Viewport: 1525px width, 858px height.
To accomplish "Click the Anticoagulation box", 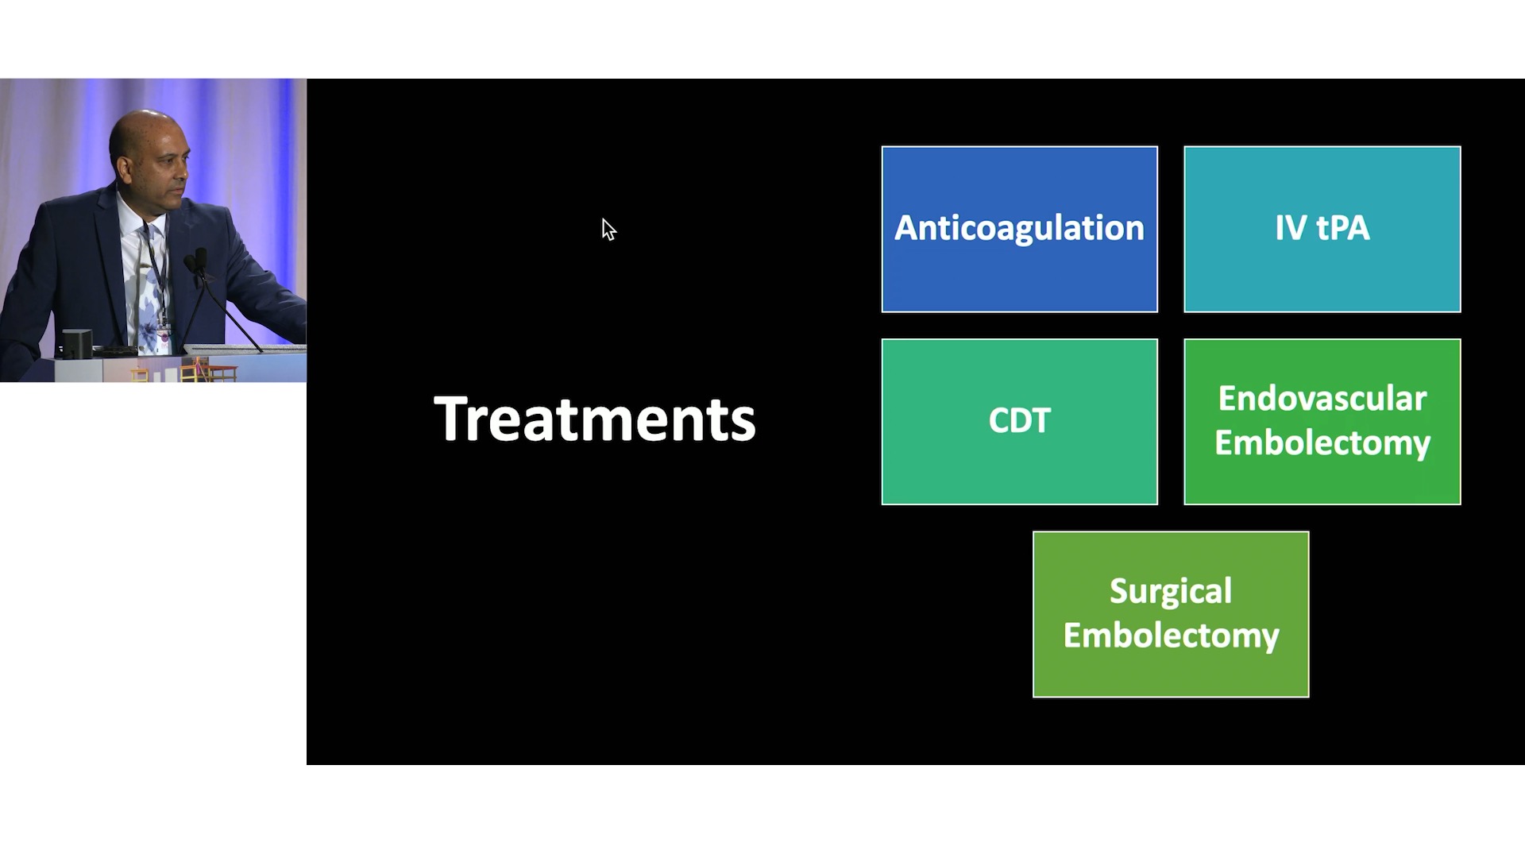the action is tap(1020, 229).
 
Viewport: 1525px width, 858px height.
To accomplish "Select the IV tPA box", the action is tap(1322, 229).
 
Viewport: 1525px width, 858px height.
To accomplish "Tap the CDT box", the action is tap(1020, 422).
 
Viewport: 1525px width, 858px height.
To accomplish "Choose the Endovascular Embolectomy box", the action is tap(1322, 422).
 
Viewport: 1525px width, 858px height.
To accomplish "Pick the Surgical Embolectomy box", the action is tap(1171, 614).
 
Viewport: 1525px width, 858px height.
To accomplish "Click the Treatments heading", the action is tap(595, 419).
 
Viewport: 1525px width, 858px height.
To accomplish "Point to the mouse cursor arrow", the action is tap(608, 230).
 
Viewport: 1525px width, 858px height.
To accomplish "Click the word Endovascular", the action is tap(1322, 399).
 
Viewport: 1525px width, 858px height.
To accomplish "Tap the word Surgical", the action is tap(1171, 592).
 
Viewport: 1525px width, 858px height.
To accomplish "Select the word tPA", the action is tap(1343, 229).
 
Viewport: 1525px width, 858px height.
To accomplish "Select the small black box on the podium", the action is tap(77, 343).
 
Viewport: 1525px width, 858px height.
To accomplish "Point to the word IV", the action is tap(1291, 229).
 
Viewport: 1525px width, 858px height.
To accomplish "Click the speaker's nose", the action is tap(185, 168).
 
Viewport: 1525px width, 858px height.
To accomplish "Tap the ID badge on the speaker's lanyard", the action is tap(164, 332).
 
